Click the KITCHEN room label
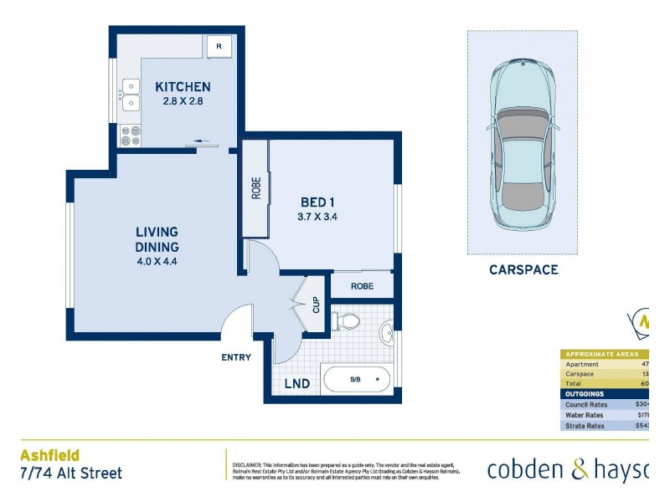coord(183,86)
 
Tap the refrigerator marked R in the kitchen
coord(219,47)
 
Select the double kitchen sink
coord(131,94)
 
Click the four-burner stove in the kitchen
coord(131,135)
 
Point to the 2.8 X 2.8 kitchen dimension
coord(183,101)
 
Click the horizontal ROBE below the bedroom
coord(362,285)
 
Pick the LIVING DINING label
coord(157,238)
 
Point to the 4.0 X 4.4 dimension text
coord(157,261)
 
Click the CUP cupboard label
coord(316,305)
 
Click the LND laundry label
coord(296,384)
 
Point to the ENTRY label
coord(236,357)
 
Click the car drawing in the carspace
coord(522,142)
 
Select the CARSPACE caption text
coord(523,269)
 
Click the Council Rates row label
coord(586,404)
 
